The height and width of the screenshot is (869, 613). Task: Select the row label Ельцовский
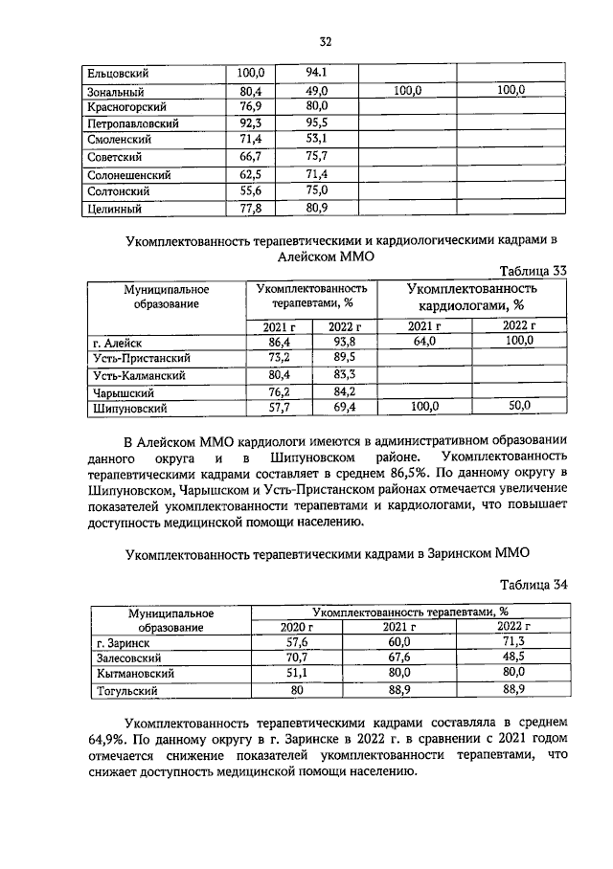[115, 73]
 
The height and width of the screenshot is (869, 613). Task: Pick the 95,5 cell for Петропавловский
[317, 123]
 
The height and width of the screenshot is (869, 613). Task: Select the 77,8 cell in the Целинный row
[252, 208]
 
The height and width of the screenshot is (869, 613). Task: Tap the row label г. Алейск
[111, 342]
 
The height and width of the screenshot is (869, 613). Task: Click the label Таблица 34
[534, 584]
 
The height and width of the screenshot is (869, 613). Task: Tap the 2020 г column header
[296, 626]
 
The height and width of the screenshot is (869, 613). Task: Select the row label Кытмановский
[132, 674]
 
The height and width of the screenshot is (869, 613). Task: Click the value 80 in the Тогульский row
[296, 689]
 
